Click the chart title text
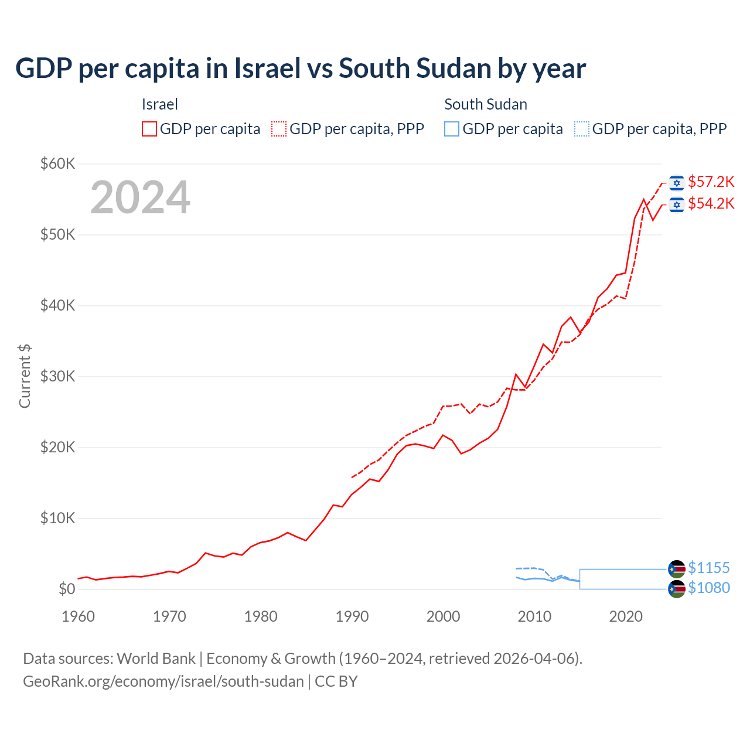click(300, 69)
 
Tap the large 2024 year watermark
click(140, 197)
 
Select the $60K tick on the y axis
click(57, 163)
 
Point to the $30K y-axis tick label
click(57, 376)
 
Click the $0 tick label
click(67, 589)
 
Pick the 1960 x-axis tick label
click(78, 616)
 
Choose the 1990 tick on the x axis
click(352, 616)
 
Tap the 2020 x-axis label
click(626, 616)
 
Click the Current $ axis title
click(25, 376)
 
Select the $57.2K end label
click(711, 182)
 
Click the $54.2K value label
click(711, 203)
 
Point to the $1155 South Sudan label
click(708, 568)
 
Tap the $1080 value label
click(708, 588)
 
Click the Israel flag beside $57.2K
click(677, 183)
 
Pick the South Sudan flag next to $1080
click(677, 589)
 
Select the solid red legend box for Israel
click(149, 129)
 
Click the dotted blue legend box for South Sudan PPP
click(582, 129)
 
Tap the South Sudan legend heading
click(486, 104)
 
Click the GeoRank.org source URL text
click(163, 681)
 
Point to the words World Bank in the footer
click(156, 659)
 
